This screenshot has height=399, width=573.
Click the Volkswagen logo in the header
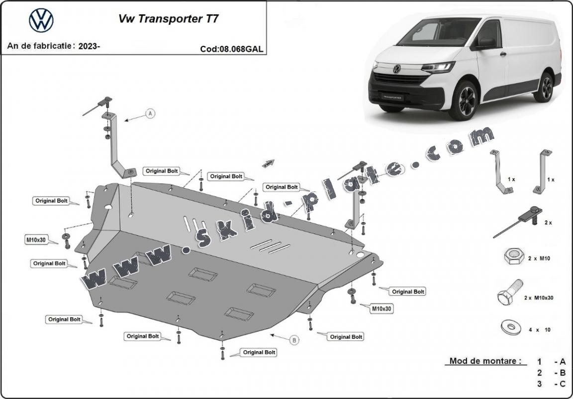(x=41, y=21)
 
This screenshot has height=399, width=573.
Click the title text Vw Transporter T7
(x=168, y=19)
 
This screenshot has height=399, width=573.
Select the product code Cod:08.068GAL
(x=232, y=49)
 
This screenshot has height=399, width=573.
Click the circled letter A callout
(x=150, y=114)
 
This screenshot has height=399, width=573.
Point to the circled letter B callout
(x=294, y=340)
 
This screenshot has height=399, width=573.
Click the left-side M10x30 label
(x=36, y=240)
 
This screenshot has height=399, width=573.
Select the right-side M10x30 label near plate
(x=381, y=309)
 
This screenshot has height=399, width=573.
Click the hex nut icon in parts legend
(x=513, y=257)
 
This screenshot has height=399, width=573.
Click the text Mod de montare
(x=485, y=361)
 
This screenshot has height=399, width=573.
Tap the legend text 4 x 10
(x=539, y=330)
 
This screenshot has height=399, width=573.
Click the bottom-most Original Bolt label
(x=259, y=352)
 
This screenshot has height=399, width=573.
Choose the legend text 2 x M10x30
(x=539, y=297)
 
